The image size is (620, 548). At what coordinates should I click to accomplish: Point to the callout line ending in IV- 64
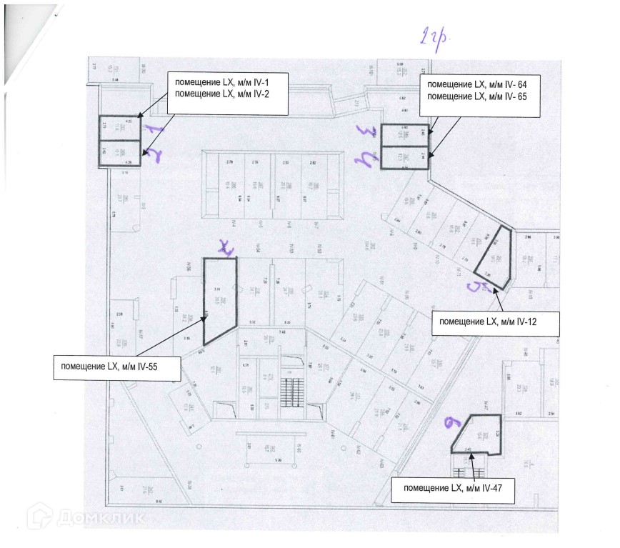[475, 84]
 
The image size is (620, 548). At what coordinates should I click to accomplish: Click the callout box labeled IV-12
[496, 322]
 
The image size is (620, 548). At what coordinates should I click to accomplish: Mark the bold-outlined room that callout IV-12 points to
[495, 256]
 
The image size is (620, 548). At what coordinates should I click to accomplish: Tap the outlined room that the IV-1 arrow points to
[119, 127]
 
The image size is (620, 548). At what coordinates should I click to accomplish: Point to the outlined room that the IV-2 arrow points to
[119, 153]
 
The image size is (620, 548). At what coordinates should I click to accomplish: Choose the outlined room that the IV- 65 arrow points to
[404, 157]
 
